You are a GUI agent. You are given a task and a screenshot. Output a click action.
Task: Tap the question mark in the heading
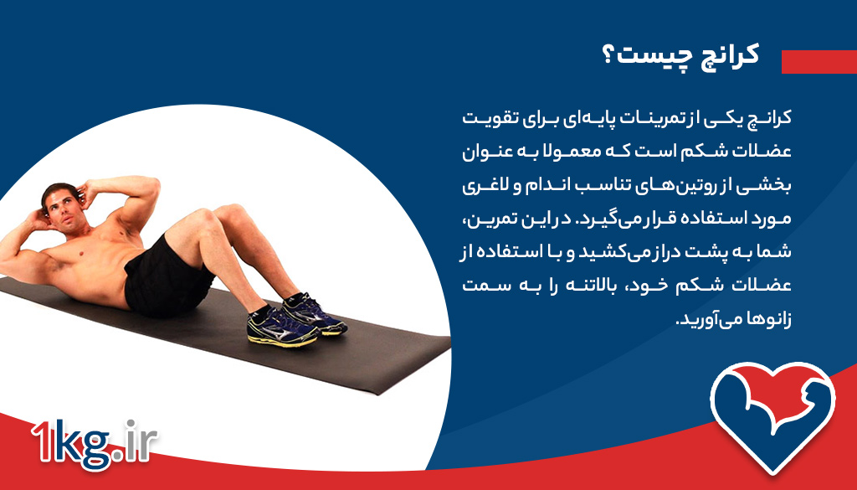(609, 55)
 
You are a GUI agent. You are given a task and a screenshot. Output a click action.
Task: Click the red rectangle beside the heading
(819, 61)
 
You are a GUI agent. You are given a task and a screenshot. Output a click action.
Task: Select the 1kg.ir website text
(94, 441)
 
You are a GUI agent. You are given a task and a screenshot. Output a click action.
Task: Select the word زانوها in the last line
(765, 320)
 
